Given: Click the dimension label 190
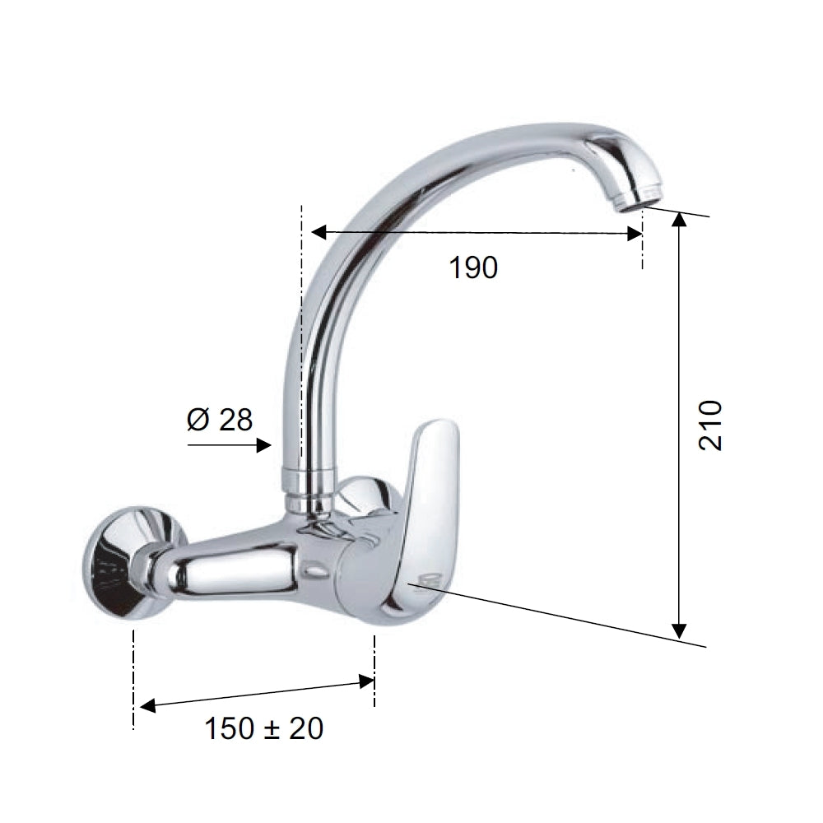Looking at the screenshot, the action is coord(473,267).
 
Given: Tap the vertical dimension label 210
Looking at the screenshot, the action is coord(711,425).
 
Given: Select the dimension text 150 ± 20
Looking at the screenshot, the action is coord(264,728).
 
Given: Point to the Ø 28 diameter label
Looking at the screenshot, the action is coord(220,420).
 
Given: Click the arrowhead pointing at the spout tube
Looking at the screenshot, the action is coord(264,446).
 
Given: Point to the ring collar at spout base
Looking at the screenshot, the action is coord(309,479).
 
